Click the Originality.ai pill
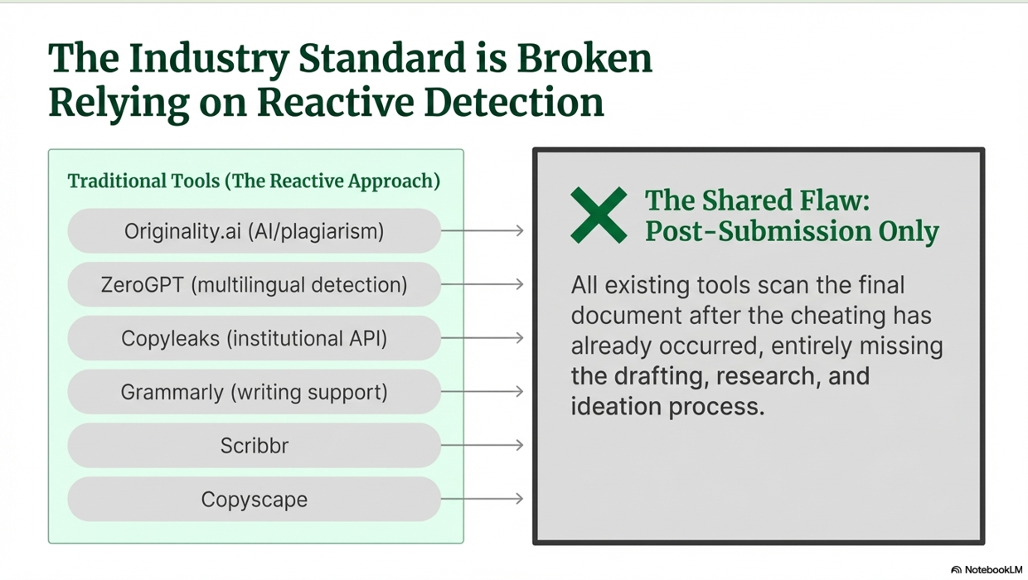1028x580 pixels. click(255, 230)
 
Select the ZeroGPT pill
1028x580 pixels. click(255, 284)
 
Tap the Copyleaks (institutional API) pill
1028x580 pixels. click(255, 338)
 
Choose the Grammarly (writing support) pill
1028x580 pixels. click(255, 392)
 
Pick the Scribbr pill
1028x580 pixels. click(255, 445)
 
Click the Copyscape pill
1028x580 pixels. click(255, 499)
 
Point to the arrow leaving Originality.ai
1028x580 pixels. click(482, 230)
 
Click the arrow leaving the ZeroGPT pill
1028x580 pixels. click(482, 284)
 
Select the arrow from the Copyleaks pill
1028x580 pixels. click(482, 338)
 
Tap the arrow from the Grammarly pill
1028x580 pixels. click(482, 392)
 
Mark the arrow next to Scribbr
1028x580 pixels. click(482, 445)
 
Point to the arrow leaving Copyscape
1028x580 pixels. click(482, 499)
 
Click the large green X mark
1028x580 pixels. click(599, 215)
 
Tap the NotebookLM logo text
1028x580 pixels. click(993, 570)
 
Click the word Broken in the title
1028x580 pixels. click(584, 59)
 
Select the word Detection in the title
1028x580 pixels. click(513, 103)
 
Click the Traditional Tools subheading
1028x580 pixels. click(254, 181)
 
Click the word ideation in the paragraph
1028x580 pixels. click(616, 406)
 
